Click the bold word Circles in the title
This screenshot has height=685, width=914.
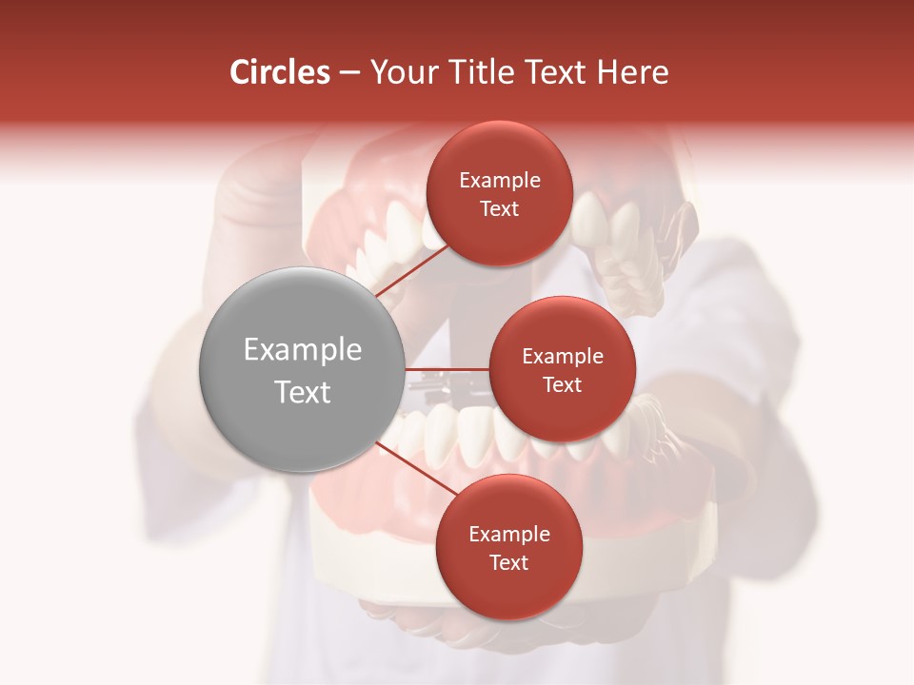point(280,72)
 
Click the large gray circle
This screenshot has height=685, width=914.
point(301,369)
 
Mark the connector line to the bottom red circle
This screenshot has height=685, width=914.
point(416,468)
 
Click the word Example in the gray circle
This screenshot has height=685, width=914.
point(302,350)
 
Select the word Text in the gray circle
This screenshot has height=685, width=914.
point(302,392)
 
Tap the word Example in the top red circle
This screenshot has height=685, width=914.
point(499,181)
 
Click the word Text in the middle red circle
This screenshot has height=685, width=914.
point(562,384)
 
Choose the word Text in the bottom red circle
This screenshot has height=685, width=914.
point(508,562)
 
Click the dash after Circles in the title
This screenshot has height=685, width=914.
point(349,73)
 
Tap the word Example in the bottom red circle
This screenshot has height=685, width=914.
point(508,534)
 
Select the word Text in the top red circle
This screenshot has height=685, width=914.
point(499,208)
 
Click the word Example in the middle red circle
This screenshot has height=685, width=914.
point(562,356)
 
